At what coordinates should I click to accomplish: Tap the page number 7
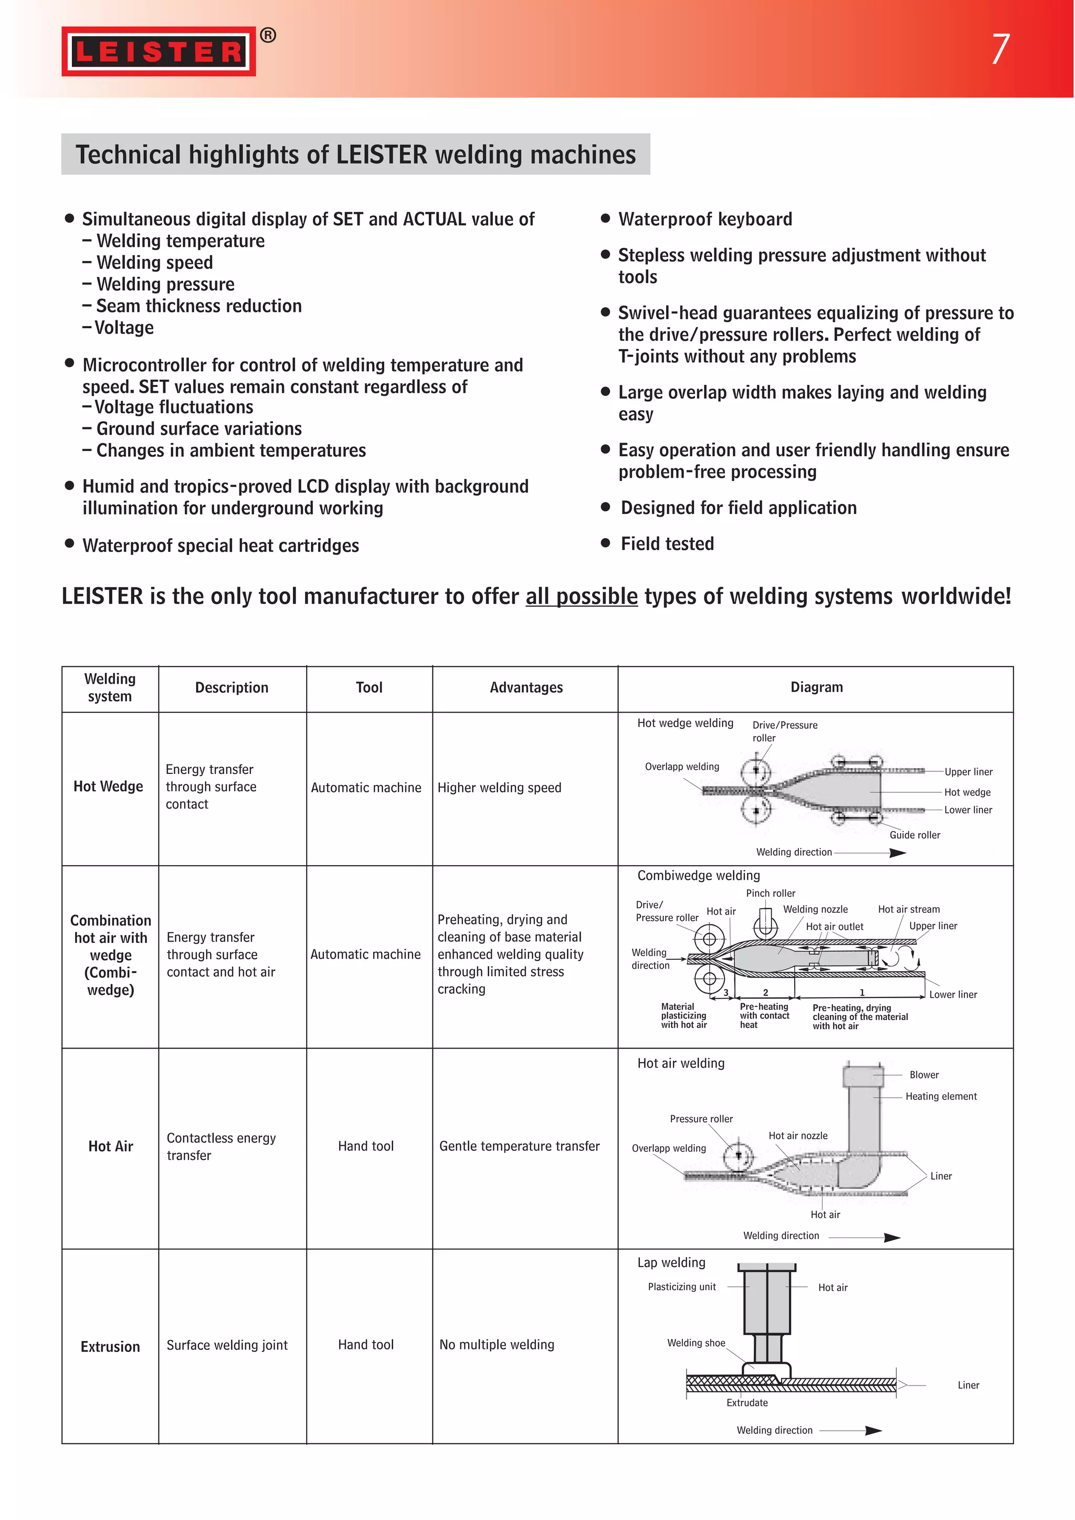pyautogui.click(x=999, y=49)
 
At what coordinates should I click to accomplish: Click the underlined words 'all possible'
pyautogui.click(x=581, y=596)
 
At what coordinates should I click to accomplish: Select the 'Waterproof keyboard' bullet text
pyautogui.click(x=704, y=219)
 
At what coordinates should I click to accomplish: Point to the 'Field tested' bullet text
pyautogui.click(x=667, y=543)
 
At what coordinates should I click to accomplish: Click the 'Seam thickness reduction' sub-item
pyautogui.click(x=198, y=306)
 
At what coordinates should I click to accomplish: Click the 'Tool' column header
pyautogui.click(x=368, y=688)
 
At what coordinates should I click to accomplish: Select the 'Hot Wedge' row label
pyautogui.click(x=109, y=787)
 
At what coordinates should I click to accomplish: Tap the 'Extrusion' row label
pyautogui.click(x=110, y=1347)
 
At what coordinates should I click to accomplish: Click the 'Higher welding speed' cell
pyautogui.click(x=499, y=788)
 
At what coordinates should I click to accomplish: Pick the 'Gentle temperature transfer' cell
pyautogui.click(x=519, y=1146)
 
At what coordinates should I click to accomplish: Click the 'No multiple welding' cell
pyautogui.click(x=497, y=1345)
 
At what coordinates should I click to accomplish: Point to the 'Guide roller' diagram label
pyautogui.click(x=914, y=835)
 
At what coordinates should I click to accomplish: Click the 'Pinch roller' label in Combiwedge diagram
pyautogui.click(x=771, y=893)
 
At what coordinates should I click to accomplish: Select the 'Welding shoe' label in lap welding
pyautogui.click(x=695, y=1343)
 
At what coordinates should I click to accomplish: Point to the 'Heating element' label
pyautogui.click(x=941, y=1096)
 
